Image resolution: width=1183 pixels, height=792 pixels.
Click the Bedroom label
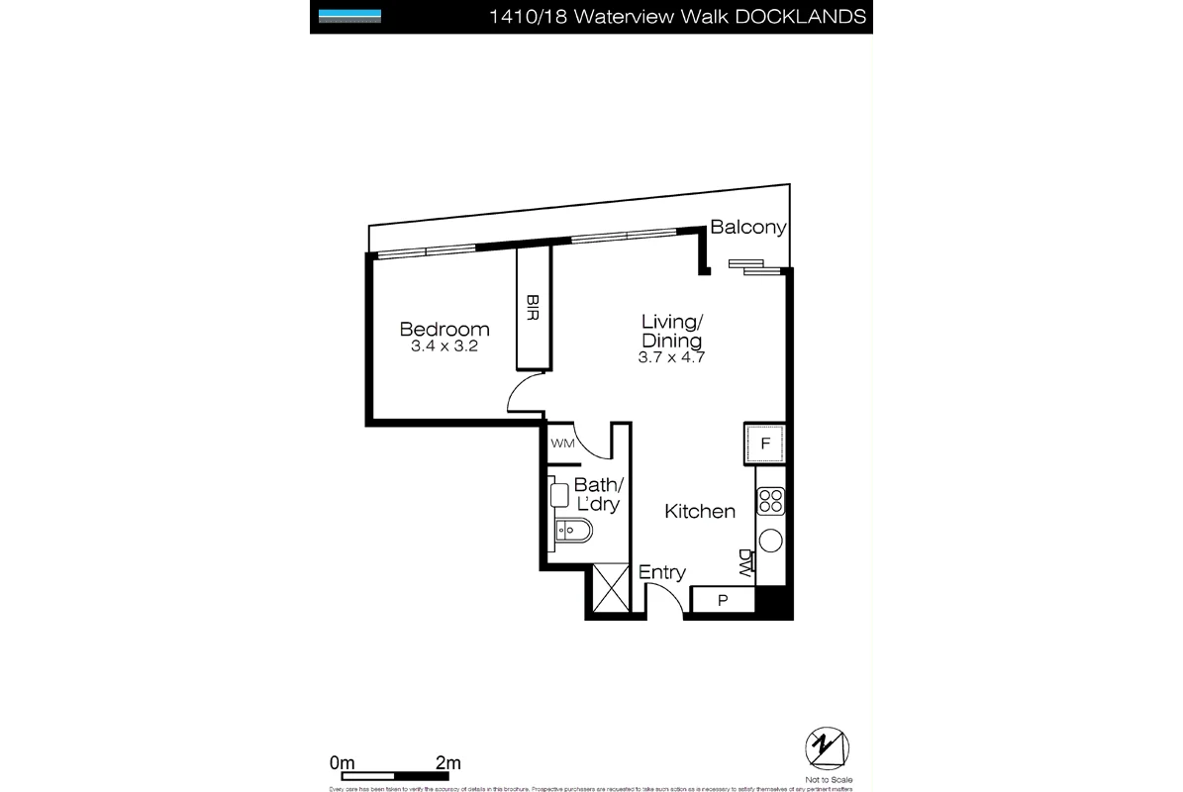[x=444, y=330]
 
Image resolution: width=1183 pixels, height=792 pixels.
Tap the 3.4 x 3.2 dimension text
[x=444, y=347]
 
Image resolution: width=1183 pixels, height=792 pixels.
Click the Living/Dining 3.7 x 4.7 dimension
[x=671, y=357]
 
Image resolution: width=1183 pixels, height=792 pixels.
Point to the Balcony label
[x=748, y=228]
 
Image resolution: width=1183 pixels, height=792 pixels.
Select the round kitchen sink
[x=770, y=541]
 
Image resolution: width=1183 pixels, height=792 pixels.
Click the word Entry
[x=661, y=572]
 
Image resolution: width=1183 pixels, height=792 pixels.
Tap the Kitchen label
[x=699, y=512]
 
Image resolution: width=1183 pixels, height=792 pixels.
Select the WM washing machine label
[x=562, y=444]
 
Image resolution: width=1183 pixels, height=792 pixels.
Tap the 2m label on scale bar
[x=448, y=763]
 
